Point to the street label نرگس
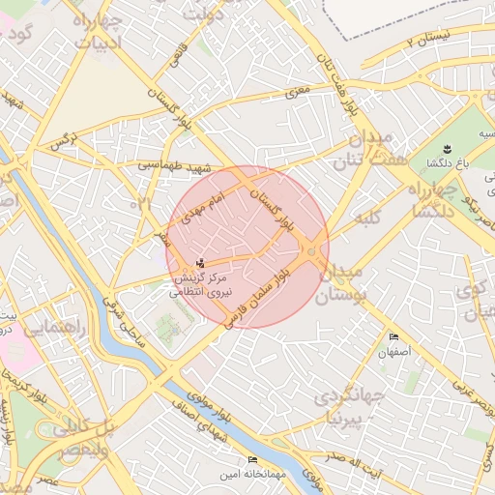pos(64,143)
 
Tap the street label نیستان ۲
pos(428,40)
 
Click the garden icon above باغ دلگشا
pos(447,148)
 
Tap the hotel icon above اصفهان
pos(393,336)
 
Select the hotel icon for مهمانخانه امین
pos(253,459)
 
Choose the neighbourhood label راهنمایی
pos(54,329)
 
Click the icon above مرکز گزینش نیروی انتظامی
pos(200,263)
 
